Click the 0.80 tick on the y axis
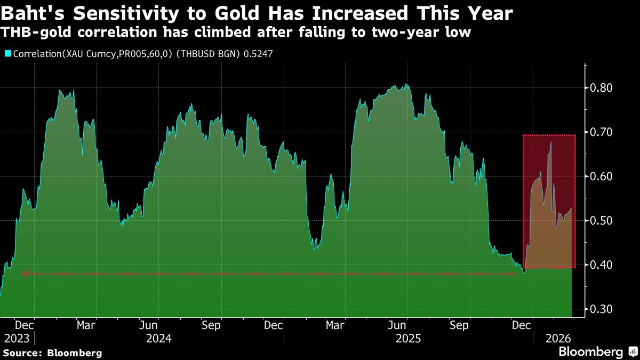[x=602, y=88]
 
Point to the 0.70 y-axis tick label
[x=602, y=132]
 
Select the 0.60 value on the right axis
[x=602, y=177]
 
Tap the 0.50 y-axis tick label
[x=602, y=221]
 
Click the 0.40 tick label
[x=602, y=265]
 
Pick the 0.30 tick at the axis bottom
[x=602, y=309]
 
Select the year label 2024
[x=158, y=339]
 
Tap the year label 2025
[x=408, y=339]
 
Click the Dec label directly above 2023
[x=24, y=325]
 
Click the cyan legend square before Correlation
[x=7, y=54]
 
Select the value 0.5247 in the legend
[x=258, y=54]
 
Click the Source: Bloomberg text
[x=52, y=353]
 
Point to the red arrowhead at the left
[x=25, y=274]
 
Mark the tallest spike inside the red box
[x=550, y=142]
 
